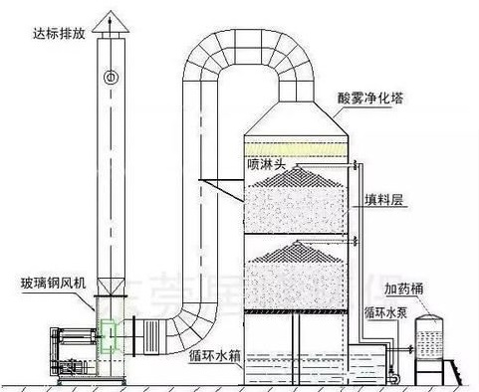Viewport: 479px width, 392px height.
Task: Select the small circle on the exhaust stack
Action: [x=111, y=78]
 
